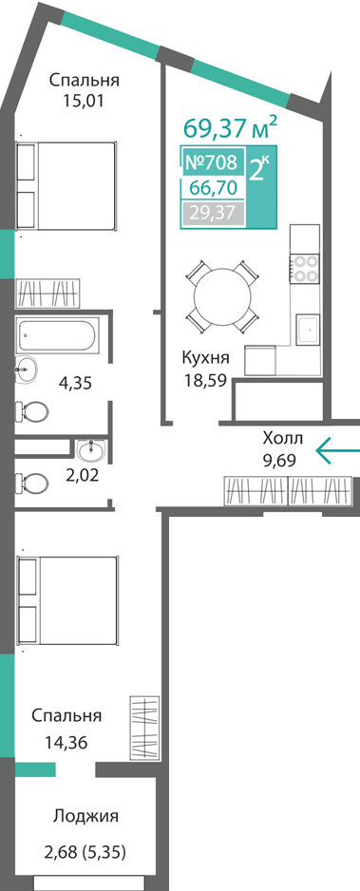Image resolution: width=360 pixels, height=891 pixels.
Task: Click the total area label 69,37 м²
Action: point(231,128)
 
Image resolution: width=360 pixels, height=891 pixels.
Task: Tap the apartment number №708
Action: point(211,162)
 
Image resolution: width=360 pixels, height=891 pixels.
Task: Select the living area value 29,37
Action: point(212,213)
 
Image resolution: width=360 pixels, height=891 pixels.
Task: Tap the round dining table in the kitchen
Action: point(221,297)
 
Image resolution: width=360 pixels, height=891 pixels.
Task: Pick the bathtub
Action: point(58,334)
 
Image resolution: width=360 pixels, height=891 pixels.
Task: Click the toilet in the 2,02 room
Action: point(32,483)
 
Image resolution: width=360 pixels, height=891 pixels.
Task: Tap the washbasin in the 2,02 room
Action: point(89,450)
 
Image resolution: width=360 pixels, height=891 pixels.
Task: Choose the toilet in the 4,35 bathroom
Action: point(31,409)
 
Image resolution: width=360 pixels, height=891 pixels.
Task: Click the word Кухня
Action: point(205,358)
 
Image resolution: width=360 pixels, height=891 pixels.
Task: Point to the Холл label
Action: point(283,438)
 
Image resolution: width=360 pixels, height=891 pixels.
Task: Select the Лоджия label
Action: point(86,817)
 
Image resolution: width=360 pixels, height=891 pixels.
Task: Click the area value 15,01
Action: point(84,101)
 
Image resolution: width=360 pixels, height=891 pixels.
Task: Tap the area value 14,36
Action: point(66,742)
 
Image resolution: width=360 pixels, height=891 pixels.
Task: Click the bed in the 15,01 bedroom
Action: point(66,186)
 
